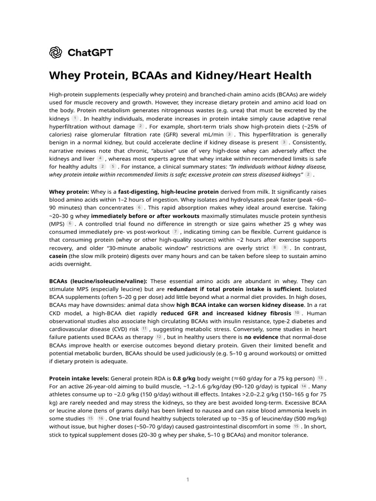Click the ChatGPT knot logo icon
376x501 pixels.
point(56,52)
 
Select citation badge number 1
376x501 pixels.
point(75,118)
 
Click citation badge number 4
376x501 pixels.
point(100,158)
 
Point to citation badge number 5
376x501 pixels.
point(113,166)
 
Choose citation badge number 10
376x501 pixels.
point(297,313)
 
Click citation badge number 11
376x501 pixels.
point(144,329)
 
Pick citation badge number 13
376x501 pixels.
point(320,378)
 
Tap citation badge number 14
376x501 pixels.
point(304,386)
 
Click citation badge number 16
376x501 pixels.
point(100,418)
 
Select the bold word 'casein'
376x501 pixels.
point(59,255)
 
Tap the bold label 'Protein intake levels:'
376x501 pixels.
point(79,378)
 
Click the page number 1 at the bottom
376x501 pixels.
point(188,479)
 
